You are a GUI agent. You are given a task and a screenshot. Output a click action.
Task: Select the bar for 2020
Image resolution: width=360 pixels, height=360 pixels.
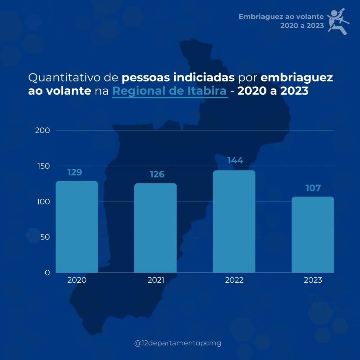pyautogui.click(x=77, y=227)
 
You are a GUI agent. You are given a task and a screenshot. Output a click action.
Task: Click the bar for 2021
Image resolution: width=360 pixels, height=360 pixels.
pyautogui.click(x=155, y=228)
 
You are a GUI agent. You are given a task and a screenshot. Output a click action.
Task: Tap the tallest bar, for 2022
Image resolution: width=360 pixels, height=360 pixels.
pyautogui.click(x=234, y=221)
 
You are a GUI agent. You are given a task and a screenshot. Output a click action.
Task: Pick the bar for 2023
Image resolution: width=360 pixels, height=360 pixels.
pyautogui.click(x=313, y=234)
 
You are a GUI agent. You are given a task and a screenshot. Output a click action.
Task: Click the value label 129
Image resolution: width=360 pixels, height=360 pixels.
pyautogui.click(x=75, y=173)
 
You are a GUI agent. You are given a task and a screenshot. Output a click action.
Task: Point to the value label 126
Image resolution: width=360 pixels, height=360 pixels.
pyautogui.click(x=157, y=174)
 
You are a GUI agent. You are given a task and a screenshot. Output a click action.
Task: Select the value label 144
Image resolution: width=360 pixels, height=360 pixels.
pyautogui.click(x=235, y=161)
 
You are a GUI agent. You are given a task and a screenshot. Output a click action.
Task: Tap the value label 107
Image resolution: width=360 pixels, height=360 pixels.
pyautogui.click(x=313, y=188)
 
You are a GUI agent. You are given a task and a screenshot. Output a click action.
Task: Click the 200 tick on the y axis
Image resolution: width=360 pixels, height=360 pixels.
pyautogui.click(x=43, y=130)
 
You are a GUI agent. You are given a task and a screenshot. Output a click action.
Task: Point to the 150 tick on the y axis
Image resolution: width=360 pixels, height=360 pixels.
pyautogui.click(x=43, y=166)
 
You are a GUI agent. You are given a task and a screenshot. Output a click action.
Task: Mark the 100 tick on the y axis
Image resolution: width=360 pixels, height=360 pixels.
pyautogui.click(x=43, y=202)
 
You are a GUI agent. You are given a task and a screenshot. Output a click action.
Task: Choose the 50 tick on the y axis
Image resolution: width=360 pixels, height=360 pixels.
pyautogui.click(x=45, y=237)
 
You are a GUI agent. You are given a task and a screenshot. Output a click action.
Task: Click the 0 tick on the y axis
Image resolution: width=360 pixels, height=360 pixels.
pyautogui.click(x=47, y=272)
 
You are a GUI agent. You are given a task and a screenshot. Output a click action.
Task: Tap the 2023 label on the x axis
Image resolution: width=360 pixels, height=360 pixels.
pyautogui.click(x=313, y=280)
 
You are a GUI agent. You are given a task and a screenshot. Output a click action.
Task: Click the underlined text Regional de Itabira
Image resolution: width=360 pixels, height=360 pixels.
pyautogui.click(x=170, y=91)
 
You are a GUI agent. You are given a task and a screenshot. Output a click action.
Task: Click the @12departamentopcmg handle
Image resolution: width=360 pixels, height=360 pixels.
pyautogui.click(x=178, y=343)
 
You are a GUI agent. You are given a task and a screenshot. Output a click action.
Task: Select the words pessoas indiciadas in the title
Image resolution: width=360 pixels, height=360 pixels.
pyautogui.click(x=179, y=77)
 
